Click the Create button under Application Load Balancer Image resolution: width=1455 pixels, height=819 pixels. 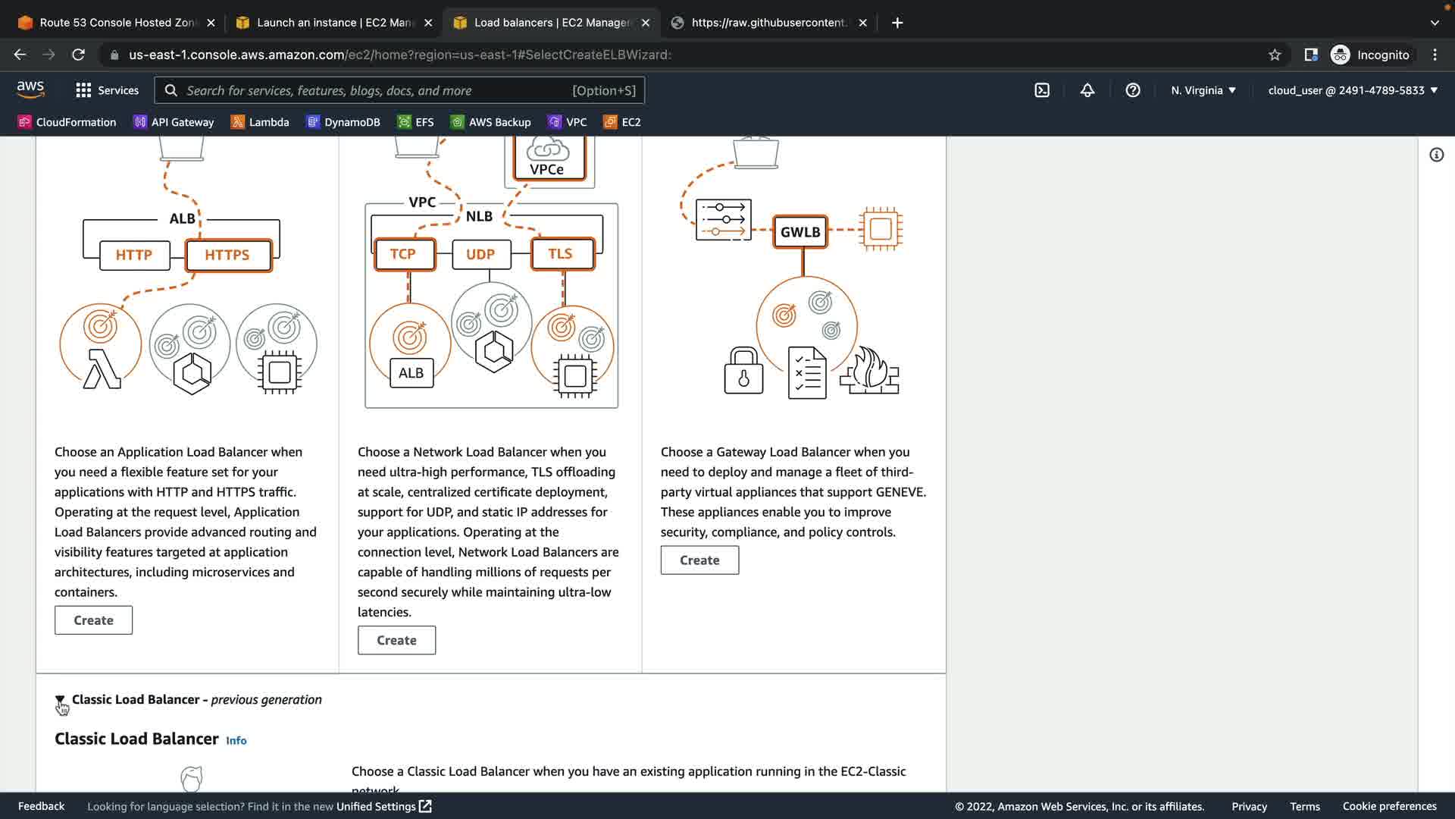pyautogui.click(x=93, y=620)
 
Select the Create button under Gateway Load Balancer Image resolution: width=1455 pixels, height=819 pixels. pyautogui.click(x=699, y=560)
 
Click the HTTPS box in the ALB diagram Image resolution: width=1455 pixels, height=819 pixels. pyautogui.click(x=227, y=256)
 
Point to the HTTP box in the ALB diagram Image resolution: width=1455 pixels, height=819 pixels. pyautogui.click(x=134, y=256)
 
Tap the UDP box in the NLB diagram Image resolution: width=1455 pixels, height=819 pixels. pyautogui.click(x=480, y=255)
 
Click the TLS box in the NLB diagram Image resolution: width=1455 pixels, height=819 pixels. pyautogui.click(x=561, y=254)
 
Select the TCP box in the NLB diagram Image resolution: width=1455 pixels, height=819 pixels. pyautogui.click(x=403, y=254)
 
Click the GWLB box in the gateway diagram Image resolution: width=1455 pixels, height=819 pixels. pyautogui.click(x=800, y=232)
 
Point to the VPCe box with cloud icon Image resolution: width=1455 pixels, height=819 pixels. pyautogui.click(x=547, y=158)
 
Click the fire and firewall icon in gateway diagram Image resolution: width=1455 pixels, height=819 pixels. pyautogui.click(x=870, y=372)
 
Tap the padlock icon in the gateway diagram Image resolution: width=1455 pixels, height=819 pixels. pyautogui.click(x=743, y=372)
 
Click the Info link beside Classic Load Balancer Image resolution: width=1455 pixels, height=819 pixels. pyautogui.click(x=236, y=741)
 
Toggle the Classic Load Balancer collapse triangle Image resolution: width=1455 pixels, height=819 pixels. pyautogui.click(x=60, y=700)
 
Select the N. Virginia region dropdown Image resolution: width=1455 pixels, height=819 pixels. pyautogui.click(x=1203, y=90)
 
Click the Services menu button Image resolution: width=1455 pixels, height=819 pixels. pyautogui.click(x=108, y=90)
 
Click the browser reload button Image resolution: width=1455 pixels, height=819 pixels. pyautogui.click(x=78, y=55)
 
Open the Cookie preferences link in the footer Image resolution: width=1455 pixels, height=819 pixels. pyautogui.click(x=1389, y=806)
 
